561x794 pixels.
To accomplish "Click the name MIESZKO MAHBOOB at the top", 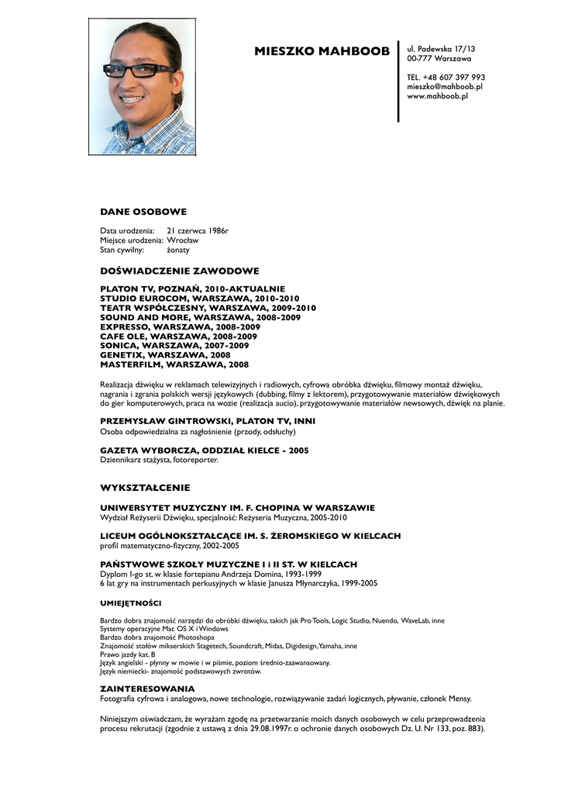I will point(322,52).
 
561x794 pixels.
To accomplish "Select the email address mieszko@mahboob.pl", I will point(444,87).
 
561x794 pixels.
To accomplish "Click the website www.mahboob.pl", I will point(437,96).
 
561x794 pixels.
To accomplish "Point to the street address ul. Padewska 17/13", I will point(441,49).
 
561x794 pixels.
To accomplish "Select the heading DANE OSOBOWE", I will point(143,211).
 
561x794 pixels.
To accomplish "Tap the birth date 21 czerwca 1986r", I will point(198,231).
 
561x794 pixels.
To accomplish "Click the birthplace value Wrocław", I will point(183,240).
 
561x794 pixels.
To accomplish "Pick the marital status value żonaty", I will point(178,250).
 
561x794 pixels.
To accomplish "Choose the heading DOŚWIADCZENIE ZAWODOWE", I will point(180,271).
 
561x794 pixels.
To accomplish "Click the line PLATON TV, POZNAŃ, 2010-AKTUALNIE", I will point(193,288).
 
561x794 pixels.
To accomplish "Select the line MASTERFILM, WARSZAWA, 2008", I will point(174,364).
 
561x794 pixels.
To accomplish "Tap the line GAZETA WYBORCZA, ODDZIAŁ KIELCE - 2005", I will point(205,451).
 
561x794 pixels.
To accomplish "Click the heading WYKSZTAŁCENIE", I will point(145,488).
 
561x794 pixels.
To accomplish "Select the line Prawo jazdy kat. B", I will point(128,654).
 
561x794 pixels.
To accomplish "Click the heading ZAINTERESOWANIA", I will point(147,689).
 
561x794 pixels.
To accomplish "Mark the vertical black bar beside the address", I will point(398,81).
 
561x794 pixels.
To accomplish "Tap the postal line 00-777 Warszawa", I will point(439,58).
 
